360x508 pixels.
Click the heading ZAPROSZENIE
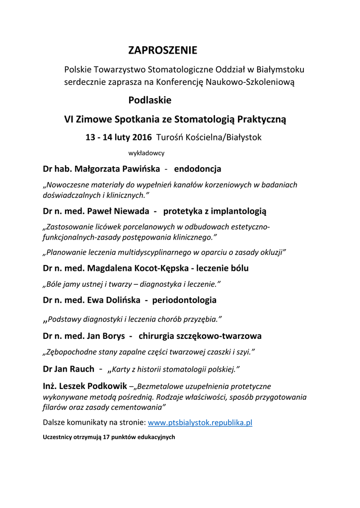162,51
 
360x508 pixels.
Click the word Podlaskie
149,100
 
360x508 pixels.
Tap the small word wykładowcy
146,153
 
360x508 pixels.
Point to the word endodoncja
198,169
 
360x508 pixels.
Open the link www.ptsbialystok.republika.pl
201,423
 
